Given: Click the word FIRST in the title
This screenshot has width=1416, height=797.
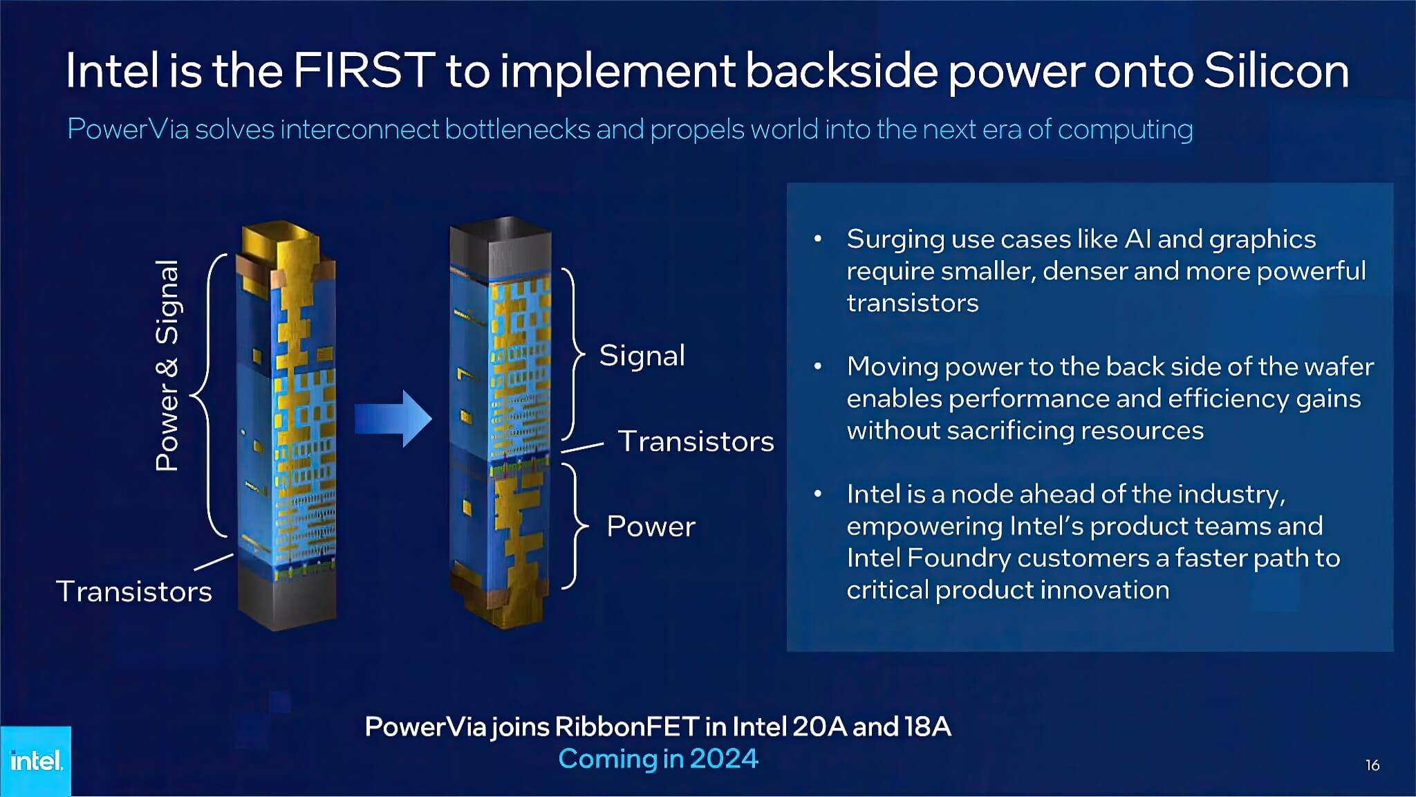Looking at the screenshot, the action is [364, 71].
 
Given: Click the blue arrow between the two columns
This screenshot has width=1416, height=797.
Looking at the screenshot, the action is [393, 419].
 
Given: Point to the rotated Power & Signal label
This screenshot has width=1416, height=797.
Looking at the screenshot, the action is [167, 365].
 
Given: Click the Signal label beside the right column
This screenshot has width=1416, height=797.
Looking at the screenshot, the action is [642, 356].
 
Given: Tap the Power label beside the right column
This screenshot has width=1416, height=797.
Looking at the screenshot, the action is [651, 526].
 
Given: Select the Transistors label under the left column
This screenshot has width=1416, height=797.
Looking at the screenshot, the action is [134, 592].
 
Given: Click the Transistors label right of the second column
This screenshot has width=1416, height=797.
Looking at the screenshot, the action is [696, 441].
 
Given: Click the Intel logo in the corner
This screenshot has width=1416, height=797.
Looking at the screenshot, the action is [36, 761].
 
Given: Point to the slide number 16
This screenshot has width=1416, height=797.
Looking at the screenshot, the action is [1372, 765].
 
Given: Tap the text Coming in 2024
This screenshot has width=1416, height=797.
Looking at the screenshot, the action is [658, 759].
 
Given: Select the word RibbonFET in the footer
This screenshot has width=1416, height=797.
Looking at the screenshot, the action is [627, 726].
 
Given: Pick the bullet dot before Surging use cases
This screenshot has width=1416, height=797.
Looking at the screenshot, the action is [818, 239].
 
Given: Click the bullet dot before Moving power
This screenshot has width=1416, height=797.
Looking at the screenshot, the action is [818, 366].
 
